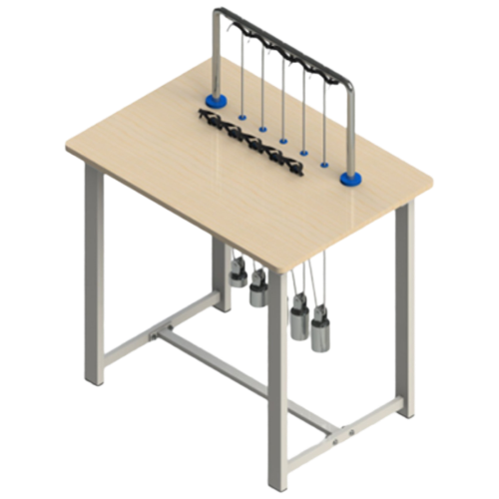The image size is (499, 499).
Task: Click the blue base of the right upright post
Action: click(x=349, y=178)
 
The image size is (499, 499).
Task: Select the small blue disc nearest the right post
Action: click(x=325, y=163)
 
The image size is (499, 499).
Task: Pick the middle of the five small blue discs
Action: click(x=283, y=140)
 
